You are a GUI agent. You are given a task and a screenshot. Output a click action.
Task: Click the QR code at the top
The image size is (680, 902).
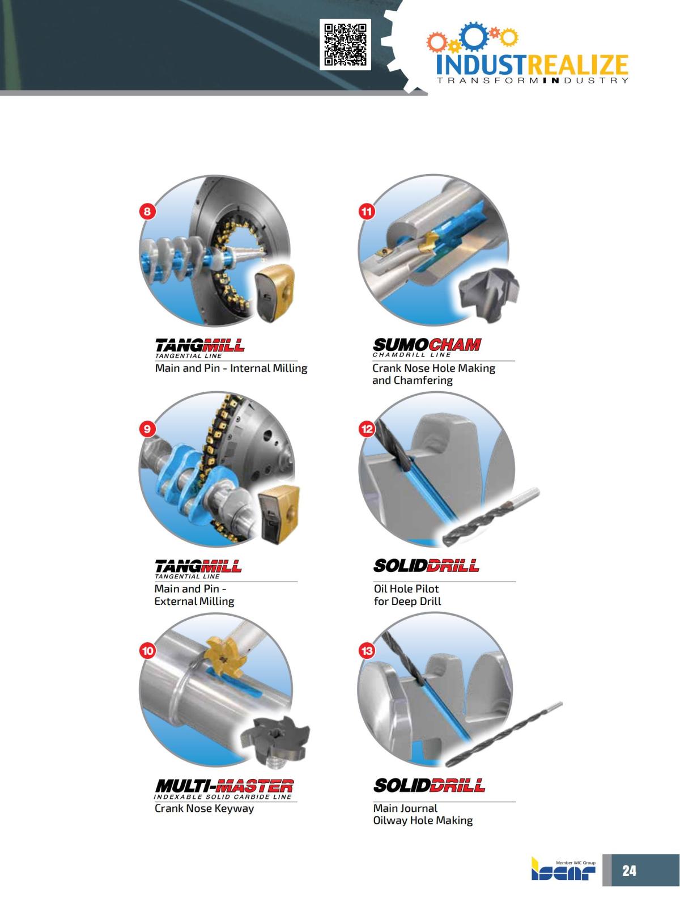point(345,44)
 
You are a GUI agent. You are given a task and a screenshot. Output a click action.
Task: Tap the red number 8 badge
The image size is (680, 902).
point(147,212)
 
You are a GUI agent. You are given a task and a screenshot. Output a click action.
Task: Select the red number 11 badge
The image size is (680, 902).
point(367,212)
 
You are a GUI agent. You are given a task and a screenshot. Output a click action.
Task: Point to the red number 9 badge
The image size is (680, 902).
point(147,429)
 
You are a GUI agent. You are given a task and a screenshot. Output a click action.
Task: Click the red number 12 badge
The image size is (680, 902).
point(367,429)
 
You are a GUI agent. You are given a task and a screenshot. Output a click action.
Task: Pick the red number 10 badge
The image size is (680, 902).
point(147,650)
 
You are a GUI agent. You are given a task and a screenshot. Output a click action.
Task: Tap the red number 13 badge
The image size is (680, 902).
point(367,650)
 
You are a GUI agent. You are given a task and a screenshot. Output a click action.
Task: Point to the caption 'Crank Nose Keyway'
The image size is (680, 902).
point(204,808)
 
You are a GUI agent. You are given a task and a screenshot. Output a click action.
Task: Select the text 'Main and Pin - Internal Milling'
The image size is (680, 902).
point(231,369)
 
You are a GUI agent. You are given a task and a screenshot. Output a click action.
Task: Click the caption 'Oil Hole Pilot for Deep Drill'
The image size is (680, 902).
point(406,595)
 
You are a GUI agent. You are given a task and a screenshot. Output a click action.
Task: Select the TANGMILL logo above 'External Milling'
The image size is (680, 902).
point(198,566)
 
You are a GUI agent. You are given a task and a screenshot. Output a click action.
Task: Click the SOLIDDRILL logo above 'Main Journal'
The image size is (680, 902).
point(429,786)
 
